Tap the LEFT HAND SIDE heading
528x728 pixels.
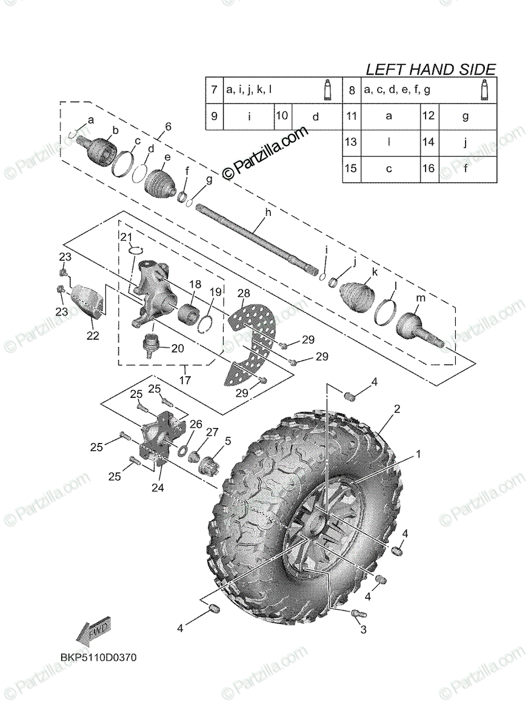click(430, 70)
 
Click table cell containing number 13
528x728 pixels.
click(350, 143)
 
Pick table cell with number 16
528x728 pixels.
click(429, 169)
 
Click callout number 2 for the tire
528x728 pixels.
click(396, 409)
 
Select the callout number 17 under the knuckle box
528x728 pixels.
click(185, 380)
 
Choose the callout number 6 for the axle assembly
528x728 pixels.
click(168, 126)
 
